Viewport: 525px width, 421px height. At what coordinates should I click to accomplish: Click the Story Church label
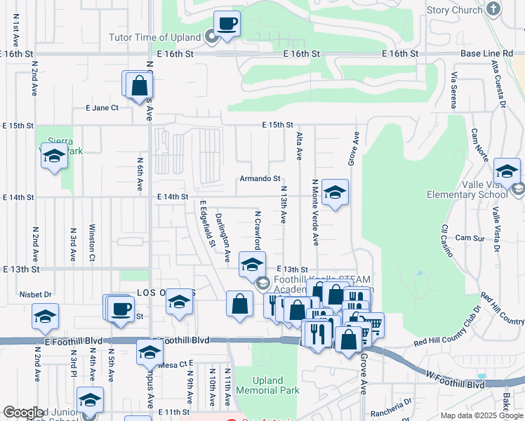click(454, 10)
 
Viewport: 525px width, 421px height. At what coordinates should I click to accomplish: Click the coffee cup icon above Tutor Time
click(227, 24)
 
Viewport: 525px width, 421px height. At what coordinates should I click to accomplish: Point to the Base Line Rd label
click(488, 53)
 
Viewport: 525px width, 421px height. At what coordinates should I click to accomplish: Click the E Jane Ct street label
click(102, 108)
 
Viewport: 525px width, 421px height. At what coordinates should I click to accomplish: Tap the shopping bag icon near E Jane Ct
click(140, 86)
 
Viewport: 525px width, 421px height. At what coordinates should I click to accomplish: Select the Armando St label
click(260, 179)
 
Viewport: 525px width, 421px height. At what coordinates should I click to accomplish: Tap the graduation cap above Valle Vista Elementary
click(507, 171)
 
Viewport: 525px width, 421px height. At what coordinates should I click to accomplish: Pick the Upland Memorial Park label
click(267, 385)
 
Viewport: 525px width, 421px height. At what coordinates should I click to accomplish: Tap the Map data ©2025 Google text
click(481, 415)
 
